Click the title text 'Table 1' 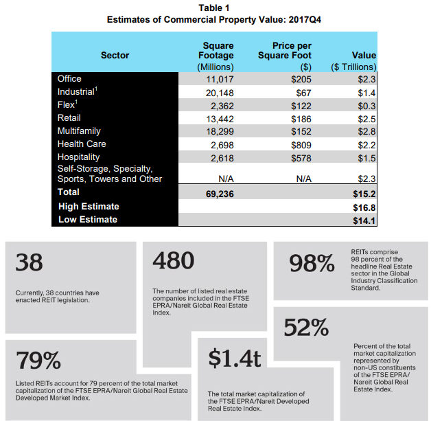214,8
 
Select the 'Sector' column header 115,55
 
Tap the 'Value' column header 364,55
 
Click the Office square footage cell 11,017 220,79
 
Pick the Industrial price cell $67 304,93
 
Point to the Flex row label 67,104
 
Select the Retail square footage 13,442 220,119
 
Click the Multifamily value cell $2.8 366,131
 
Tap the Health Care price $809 301,145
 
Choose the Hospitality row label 79,157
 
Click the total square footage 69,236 220,194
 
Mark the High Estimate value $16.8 364,207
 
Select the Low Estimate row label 88,220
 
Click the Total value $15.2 364,194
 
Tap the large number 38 29,262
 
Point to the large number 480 174,260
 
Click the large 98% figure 312,263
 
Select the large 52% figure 306,327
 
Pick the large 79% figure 38,361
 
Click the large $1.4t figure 235,358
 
